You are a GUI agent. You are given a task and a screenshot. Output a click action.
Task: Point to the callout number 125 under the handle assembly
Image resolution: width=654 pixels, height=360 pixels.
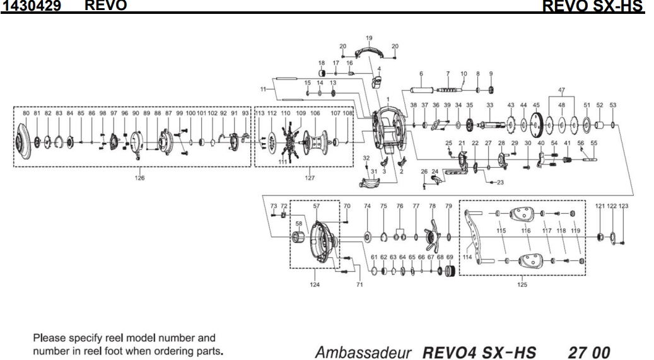coord(522,285)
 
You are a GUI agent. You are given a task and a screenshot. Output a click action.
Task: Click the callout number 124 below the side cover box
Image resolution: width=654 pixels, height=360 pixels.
coord(315,285)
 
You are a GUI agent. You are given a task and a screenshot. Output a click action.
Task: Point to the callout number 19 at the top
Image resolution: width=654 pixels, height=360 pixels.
coord(369,38)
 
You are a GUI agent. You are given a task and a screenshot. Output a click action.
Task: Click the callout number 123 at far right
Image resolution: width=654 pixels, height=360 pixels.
coord(624,206)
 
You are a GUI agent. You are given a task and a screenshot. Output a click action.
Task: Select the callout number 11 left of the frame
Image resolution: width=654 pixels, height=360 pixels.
coord(264,90)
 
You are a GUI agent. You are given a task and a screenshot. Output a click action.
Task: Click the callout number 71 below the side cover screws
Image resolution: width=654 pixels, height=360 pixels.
coord(360,285)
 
